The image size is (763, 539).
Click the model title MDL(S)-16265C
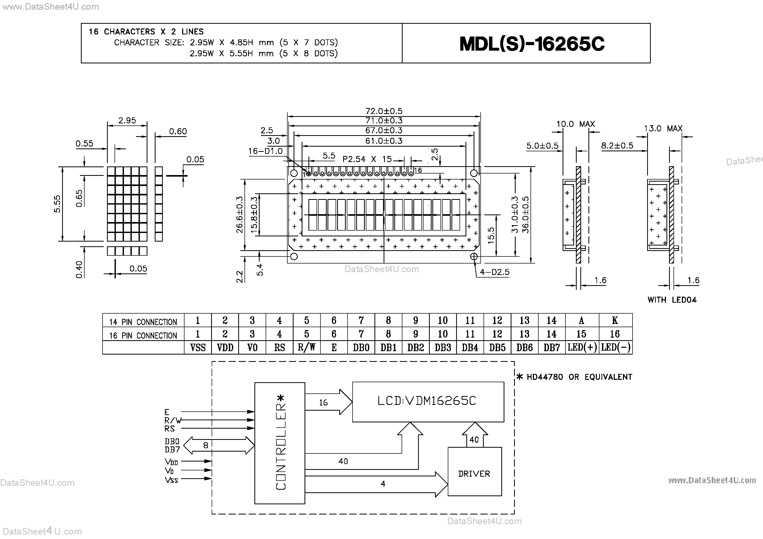[532, 44]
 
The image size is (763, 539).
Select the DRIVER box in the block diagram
[474, 473]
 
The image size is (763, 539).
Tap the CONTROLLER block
[280, 443]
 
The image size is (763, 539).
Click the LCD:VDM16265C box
[428, 401]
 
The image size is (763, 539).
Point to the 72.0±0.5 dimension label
[384, 111]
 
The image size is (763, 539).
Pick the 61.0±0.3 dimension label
[384, 141]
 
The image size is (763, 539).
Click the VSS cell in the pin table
[198, 348]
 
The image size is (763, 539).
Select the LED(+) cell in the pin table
[582, 348]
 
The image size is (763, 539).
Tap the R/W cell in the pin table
[306, 348]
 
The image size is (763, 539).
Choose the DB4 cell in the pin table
[470, 348]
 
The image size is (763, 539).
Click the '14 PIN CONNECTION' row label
[143, 322]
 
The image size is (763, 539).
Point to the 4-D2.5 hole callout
[494, 272]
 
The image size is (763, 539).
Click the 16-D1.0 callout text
[265, 151]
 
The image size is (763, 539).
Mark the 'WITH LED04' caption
[672, 300]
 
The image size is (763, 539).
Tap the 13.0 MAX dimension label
[663, 129]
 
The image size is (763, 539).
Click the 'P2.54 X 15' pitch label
[367, 159]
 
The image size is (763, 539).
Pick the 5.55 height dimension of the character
[57, 204]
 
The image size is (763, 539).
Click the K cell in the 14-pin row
[615, 320]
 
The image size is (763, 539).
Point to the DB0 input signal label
[172, 441]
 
